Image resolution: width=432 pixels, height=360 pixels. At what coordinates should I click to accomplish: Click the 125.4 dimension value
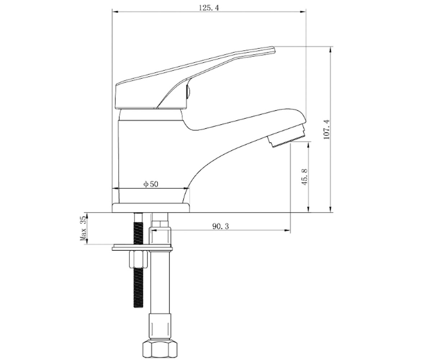(208, 8)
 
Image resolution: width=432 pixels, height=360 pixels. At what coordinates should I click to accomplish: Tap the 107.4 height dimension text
(327, 129)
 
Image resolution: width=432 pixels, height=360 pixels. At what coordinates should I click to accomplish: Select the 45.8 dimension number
(304, 177)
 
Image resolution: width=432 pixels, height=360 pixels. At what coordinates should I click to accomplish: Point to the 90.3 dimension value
(221, 226)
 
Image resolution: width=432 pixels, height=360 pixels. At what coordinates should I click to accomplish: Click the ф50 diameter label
(151, 184)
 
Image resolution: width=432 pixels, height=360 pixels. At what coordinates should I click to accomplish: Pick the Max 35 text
(83, 228)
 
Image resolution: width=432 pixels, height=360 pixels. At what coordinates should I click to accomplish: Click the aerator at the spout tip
(286, 136)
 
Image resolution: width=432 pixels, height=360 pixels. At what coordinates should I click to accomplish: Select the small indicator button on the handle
(188, 92)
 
